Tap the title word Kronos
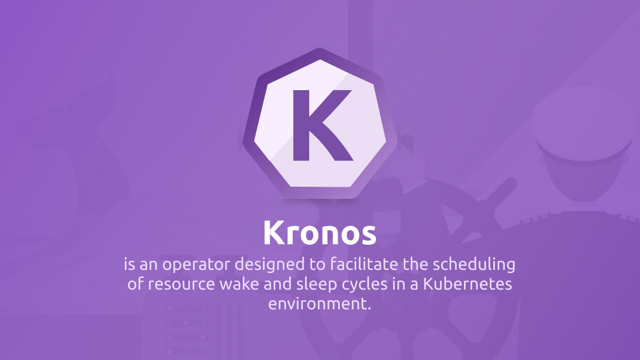pyautogui.click(x=319, y=233)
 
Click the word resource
pyautogui.click(x=181, y=284)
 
